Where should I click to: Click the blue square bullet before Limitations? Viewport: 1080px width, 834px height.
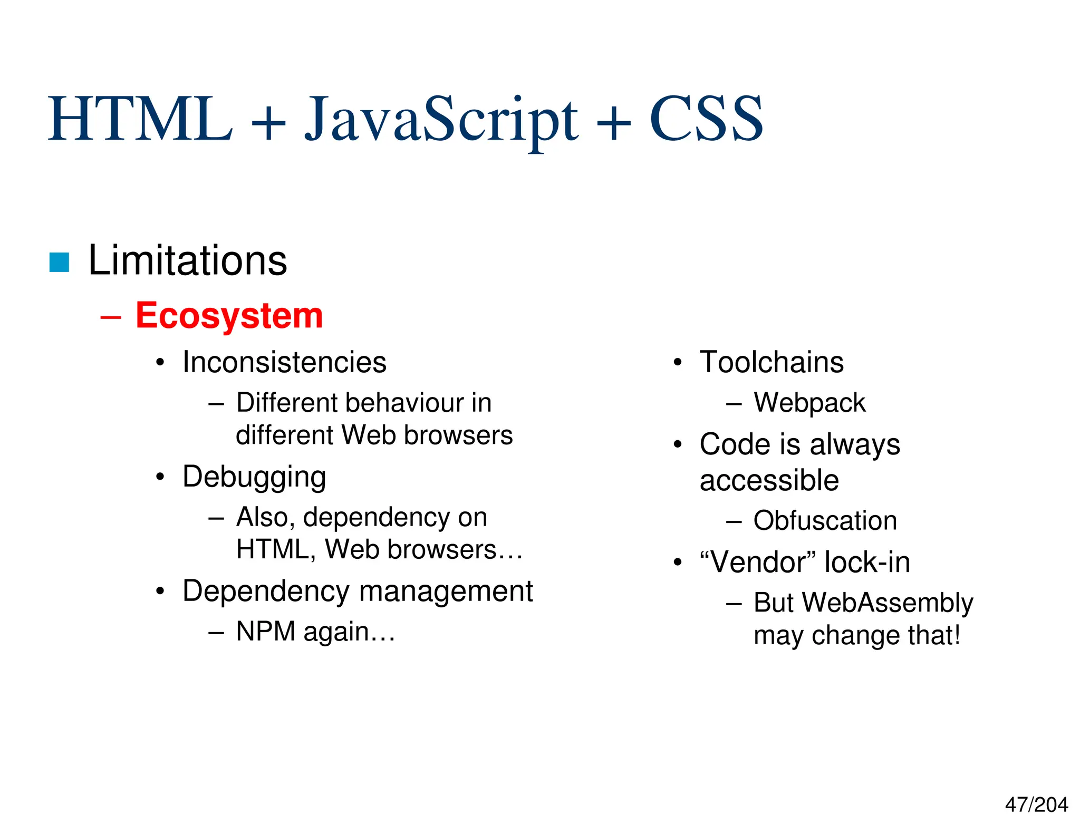coord(59,263)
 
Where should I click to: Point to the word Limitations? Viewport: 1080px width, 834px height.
coord(187,260)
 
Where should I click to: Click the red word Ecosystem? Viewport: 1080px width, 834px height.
coord(229,316)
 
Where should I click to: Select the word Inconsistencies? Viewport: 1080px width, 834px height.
coord(284,363)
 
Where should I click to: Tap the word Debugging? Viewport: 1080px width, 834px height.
coord(254,477)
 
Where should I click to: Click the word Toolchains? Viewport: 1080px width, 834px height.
coord(772,363)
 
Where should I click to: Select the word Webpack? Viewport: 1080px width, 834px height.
coord(809,403)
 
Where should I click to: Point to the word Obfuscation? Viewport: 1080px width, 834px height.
coord(825,521)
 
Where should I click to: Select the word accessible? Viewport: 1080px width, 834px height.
coord(769,480)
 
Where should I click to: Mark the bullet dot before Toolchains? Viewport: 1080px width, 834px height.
coord(678,363)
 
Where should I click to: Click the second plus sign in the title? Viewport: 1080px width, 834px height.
coord(613,122)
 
